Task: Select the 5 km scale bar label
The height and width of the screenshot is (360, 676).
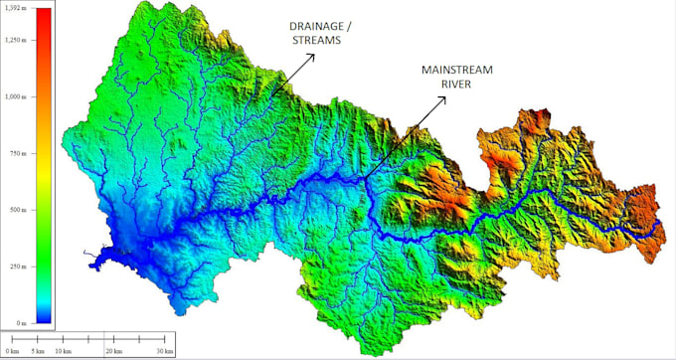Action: coord(38,351)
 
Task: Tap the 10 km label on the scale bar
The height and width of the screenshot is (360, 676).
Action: coord(64,351)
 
